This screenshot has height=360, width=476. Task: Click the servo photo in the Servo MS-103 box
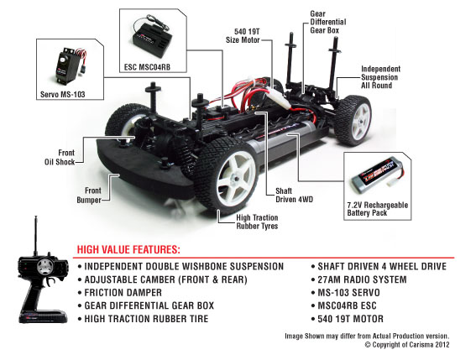(71, 65)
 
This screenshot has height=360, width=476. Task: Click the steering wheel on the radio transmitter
(45, 267)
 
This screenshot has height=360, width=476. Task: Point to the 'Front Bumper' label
(89, 196)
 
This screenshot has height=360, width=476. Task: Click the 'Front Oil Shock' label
(60, 157)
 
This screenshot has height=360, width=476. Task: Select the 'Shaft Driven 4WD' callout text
(294, 196)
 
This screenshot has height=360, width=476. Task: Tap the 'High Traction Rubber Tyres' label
(257, 222)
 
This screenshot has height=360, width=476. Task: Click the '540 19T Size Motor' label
(243, 36)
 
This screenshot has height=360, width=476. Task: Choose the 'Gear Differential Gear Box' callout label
(328, 22)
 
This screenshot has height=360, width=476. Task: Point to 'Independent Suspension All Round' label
(379, 77)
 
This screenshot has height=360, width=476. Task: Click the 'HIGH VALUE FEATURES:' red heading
(128, 249)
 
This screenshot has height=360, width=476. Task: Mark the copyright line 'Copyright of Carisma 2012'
(407, 345)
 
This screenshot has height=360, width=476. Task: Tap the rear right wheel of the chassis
(353, 120)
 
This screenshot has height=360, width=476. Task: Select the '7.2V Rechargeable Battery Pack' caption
(377, 209)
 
